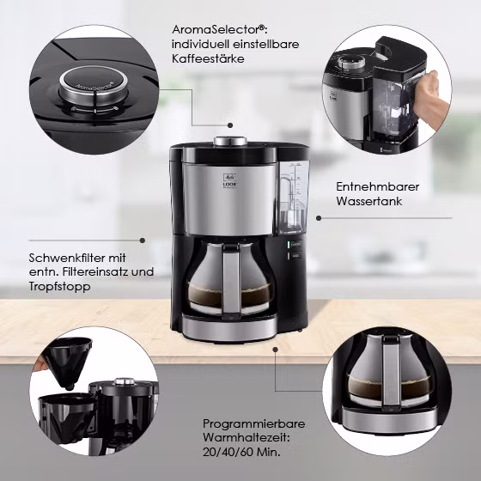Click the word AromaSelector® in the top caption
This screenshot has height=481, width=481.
click(219, 30)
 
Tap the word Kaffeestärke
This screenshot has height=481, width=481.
click(208, 58)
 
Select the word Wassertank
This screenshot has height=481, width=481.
click(369, 202)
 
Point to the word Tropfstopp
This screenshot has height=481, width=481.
click(60, 287)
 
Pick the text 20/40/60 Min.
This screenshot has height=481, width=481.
click(241, 452)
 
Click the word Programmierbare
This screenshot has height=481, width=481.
click(254, 424)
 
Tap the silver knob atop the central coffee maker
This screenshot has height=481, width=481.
click(230, 141)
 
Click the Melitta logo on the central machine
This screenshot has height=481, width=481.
click(230, 177)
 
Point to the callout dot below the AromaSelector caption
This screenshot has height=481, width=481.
click(230, 125)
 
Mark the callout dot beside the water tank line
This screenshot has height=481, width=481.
click(319, 218)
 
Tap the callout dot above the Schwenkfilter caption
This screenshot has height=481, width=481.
click(143, 240)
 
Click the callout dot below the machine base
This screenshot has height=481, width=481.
click(276, 350)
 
